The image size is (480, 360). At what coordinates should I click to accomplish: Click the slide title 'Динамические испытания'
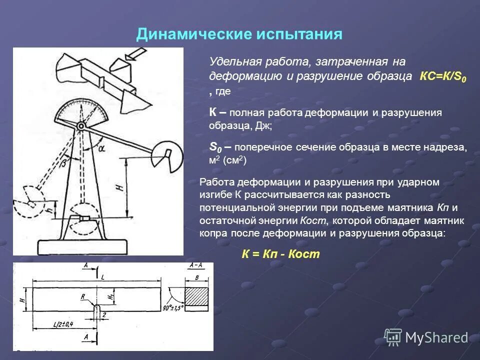click(x=239, y=34)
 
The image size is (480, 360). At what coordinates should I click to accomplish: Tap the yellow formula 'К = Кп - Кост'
click(x=280, y=254)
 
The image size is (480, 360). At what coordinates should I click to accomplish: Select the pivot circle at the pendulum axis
click(x=80, y=125)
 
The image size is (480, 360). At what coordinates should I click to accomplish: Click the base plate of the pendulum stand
click(x=82, y=246)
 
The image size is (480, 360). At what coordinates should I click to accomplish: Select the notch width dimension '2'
click(x=104, y=315)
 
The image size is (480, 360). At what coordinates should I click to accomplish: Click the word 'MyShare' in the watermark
click(x=436, y=337)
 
